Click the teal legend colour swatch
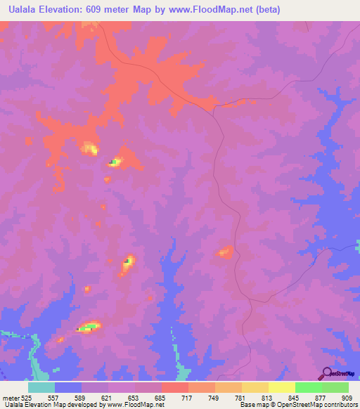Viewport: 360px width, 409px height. [41, 387]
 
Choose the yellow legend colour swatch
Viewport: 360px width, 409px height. [281, 387]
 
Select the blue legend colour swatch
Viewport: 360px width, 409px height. [68, 387]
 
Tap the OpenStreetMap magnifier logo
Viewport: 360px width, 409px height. [326, 375]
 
